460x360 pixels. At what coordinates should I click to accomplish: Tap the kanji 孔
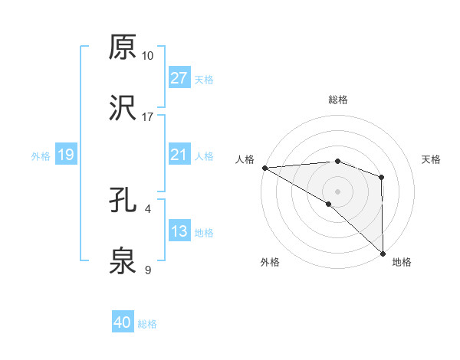coord(123,201)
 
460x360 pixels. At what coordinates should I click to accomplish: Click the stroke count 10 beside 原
coord(148,56)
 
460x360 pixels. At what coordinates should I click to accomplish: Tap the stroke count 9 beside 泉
coord(147,270)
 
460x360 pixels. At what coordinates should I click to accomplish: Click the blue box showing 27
coord(179,78)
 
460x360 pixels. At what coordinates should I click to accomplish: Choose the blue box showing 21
coord(179,155)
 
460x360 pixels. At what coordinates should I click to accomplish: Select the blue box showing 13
coord(179,232)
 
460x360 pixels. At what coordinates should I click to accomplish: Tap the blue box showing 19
coord(66,155)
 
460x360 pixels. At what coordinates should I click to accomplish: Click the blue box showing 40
coord(123,323)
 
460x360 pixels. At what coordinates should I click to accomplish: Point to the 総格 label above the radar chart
coord(338,100)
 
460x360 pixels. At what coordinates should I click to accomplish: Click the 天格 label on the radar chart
coord(432,159)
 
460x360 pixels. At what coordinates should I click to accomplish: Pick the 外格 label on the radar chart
coord(270,262)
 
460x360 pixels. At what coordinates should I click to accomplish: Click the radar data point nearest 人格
coord(264,167)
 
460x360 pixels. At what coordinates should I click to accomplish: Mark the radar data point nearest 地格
coord(382,253)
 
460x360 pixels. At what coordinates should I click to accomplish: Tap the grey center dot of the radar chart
coord(337,191)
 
